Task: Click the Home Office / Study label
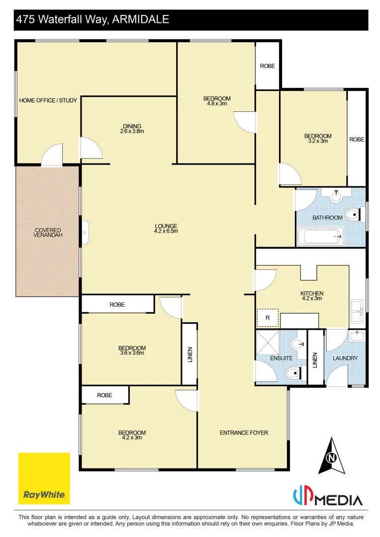(x=48, y=100)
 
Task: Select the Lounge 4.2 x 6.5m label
(x=166, y=228)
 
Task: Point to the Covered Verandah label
(x=48, y=233)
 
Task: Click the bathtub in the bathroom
(x=320, y=237)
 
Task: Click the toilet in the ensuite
(x=293, y=372)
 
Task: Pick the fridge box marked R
(x=268, y=317)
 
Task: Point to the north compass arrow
(x=331, y=455)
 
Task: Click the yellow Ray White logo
(x=44, y=478)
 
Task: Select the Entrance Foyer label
(x=244, y=433)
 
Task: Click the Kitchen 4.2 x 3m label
(x=312, y=296)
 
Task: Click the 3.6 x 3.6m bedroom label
(x=132, y=351)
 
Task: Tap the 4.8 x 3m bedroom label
(x=217, y=101)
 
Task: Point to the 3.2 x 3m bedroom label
(x=318, y=138)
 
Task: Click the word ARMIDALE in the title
(x=141, y=19)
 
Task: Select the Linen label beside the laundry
(x=314, y=359)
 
